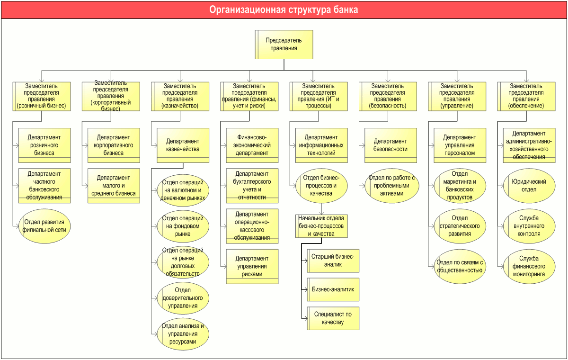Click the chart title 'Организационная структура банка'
[x=284, y=9]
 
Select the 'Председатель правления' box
[x=284, y=45]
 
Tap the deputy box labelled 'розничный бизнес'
[x=42, y=97]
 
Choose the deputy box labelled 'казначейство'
[x=180, y=97]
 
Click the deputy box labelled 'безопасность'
[x=388, y=97]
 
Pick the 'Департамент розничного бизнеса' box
[x=44, y=145]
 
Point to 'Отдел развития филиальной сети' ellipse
[x=44, y=226]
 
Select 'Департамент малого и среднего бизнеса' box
[x=114, y=186]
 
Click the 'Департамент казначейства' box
[x=183, y=145]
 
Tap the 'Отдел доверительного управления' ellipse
[x=183, y=298]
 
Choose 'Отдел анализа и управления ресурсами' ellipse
[x=183, y=334]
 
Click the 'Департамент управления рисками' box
[x=252, y=266]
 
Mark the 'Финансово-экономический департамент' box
[x=252, y=145]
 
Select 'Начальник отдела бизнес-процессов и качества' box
[x=321, y=226]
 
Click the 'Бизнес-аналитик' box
[x=333, y=289]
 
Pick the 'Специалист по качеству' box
[x=333, y=318]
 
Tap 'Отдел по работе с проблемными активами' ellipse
[x=392, y=186]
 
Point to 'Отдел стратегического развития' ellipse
[x=460, y=226]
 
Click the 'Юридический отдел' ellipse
[x=529, y=186]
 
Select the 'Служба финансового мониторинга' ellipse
[x=529, y=266]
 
